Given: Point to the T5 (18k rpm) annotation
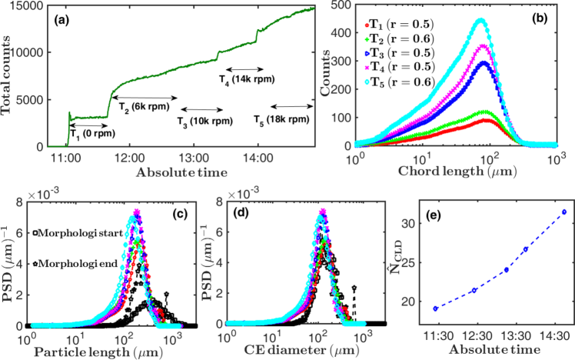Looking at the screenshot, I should point(283,119).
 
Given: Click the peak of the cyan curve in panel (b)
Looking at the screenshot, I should point(480,20).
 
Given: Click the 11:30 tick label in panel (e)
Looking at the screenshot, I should point(436,338).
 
